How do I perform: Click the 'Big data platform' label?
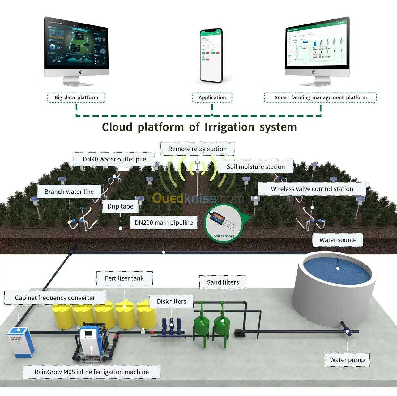click(76, 97)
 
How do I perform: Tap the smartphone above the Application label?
click(211, 56)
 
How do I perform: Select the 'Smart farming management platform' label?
click(320, 97)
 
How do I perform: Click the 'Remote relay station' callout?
click(197, 149)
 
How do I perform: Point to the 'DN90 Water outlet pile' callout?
click(114, 159)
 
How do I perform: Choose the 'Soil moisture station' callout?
click(255, 167)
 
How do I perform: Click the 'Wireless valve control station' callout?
click(312, 189)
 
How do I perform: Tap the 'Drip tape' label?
click(120, 206)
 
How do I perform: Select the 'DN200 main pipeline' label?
click(164, 222)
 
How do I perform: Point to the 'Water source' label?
click(338, 240)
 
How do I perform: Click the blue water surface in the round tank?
click(337, 268)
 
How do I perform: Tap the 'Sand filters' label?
click(223, 282)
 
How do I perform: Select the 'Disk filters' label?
click(171, 301)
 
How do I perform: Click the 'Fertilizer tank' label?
click(124, 278)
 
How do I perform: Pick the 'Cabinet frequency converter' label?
click(55, 298)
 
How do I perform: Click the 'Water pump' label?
click(347, 360)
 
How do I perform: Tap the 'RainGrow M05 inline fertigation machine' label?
click(92, 372)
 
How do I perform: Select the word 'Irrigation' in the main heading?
click(229, 127)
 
